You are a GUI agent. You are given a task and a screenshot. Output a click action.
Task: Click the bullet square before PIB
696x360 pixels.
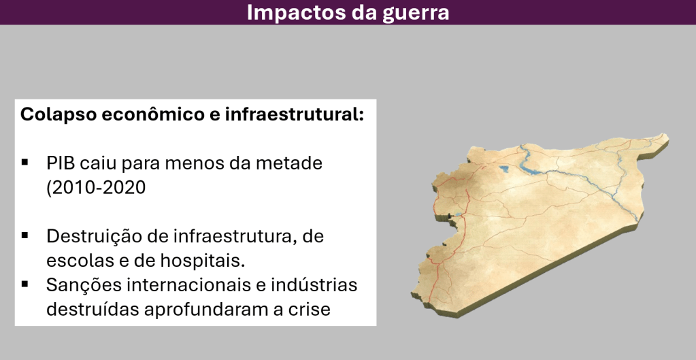point(25,163)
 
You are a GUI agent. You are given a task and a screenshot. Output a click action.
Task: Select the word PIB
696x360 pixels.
point(61,163)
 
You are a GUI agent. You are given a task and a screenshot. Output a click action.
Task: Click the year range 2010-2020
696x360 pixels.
point(99,188)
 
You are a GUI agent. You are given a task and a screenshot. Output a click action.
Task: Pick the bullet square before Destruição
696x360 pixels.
point(25,235)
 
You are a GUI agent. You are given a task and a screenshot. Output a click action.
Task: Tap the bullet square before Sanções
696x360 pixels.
point(25,284)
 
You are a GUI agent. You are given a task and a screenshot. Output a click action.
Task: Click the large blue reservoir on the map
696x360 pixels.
point(533,167)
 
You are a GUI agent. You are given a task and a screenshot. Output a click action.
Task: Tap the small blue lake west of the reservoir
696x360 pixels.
point(504,168)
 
